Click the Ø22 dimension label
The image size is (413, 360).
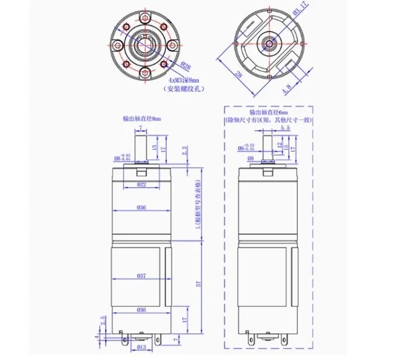(x=142, y=184)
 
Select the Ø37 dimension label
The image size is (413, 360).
(x=142, y=275)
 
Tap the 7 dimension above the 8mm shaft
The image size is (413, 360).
(x=141, y=128)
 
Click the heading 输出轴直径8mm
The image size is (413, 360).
(x=142, y=118)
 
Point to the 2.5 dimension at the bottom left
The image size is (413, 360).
(x=103, y=318)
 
